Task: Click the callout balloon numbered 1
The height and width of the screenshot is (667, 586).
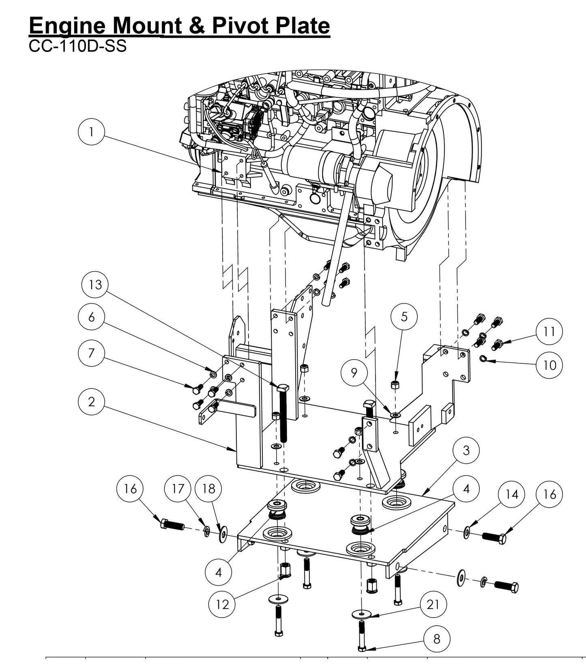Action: pos(92,132)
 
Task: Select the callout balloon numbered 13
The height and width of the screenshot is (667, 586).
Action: pos(96,285)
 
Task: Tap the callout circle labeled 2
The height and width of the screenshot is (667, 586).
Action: pos(92,401)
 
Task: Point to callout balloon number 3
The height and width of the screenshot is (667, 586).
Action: pos(466,450)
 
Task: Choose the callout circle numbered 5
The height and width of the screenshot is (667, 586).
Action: pos(404,317)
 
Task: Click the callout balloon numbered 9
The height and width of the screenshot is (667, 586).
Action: pos(354,373)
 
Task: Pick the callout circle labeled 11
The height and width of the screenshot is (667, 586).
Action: pos(549,332)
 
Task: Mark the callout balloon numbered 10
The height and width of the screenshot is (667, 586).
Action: pos(549,365)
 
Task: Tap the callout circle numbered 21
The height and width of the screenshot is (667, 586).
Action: pos(433,605)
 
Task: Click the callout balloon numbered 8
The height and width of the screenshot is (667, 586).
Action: pos(437,639)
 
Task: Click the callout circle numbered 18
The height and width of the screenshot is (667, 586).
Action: pos(208,489)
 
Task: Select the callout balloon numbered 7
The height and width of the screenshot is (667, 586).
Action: pos(92,353)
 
